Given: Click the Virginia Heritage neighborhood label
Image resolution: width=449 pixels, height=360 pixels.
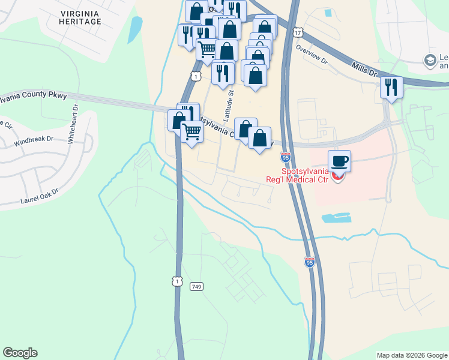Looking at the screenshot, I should [80, 17].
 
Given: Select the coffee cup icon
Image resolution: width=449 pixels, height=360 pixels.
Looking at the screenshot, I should [339, 161].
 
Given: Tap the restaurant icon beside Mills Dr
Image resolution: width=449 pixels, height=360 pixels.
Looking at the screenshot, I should [391, 87].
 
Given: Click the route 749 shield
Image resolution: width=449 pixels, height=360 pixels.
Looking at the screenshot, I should [197, 287].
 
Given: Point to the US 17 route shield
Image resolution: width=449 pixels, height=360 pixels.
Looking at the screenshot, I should [298, 32].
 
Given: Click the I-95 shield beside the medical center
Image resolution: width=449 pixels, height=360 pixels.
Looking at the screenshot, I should [285, 158].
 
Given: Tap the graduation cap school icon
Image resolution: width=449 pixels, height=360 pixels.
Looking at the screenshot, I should [430, 60].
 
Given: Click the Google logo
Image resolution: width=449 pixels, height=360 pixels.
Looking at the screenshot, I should [20, 353].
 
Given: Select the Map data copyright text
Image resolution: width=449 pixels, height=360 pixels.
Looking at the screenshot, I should [411, 355].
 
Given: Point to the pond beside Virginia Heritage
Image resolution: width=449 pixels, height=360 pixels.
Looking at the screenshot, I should [135, 29].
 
